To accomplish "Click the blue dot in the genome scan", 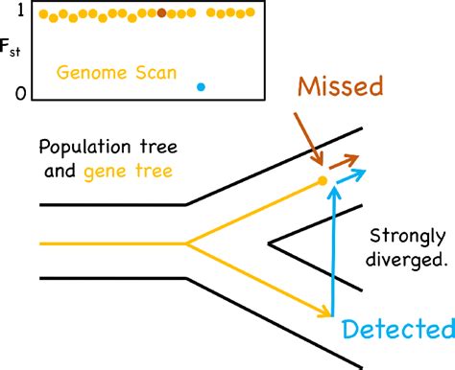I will [201, 86].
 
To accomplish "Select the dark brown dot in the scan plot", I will [161, 12].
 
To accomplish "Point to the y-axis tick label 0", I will [18, 93].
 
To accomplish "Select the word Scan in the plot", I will [153, 72].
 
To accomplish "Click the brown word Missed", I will [340, 87].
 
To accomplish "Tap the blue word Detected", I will [397, 330].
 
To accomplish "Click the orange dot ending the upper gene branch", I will [323, 180].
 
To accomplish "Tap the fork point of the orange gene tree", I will [188, 243].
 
